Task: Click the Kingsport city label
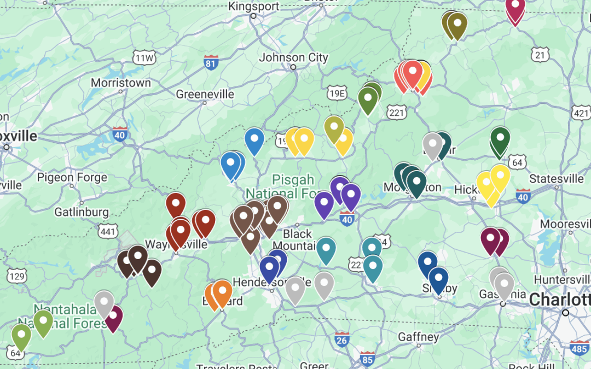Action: coord(254,7)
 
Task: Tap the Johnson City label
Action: coord(293,57)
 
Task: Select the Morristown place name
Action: coord(120,83)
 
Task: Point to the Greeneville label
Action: coord(205,95)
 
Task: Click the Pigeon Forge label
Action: coord(72,178)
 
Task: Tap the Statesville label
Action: coord(557,179)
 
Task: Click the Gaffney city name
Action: coord(418,337)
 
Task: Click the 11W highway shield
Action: coord(144,58)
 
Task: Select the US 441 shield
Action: coord(109,232)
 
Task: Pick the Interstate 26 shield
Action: coord(341,338)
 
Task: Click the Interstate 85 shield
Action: coord(368,359)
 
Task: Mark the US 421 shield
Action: coord(581,113)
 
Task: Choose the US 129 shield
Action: coord(17,277)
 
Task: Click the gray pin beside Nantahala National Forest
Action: coord(103,302)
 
